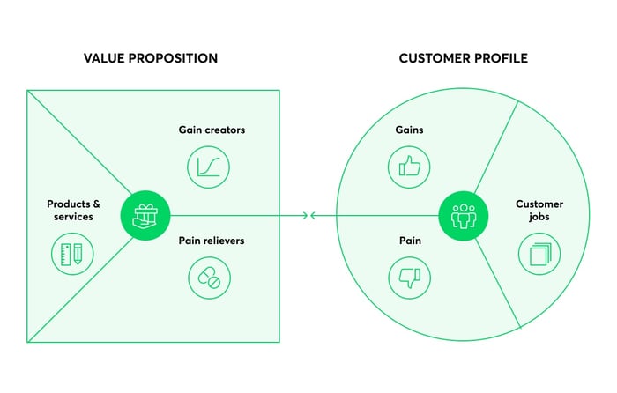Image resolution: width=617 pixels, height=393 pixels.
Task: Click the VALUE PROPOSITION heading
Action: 151,58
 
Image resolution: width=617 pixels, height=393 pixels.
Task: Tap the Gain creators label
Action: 212,130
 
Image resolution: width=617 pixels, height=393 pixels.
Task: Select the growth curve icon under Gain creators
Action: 209,166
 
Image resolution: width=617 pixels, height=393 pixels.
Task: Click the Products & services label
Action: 71,210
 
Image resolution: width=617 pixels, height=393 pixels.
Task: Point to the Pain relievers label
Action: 212,240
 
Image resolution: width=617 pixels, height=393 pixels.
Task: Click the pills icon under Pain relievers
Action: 209,278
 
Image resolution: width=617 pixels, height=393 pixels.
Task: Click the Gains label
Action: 410,130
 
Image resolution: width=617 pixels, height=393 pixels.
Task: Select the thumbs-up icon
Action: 409,166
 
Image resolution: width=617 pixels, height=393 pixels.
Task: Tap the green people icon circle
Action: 462,215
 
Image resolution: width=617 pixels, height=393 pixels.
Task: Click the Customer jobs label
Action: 539,210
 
